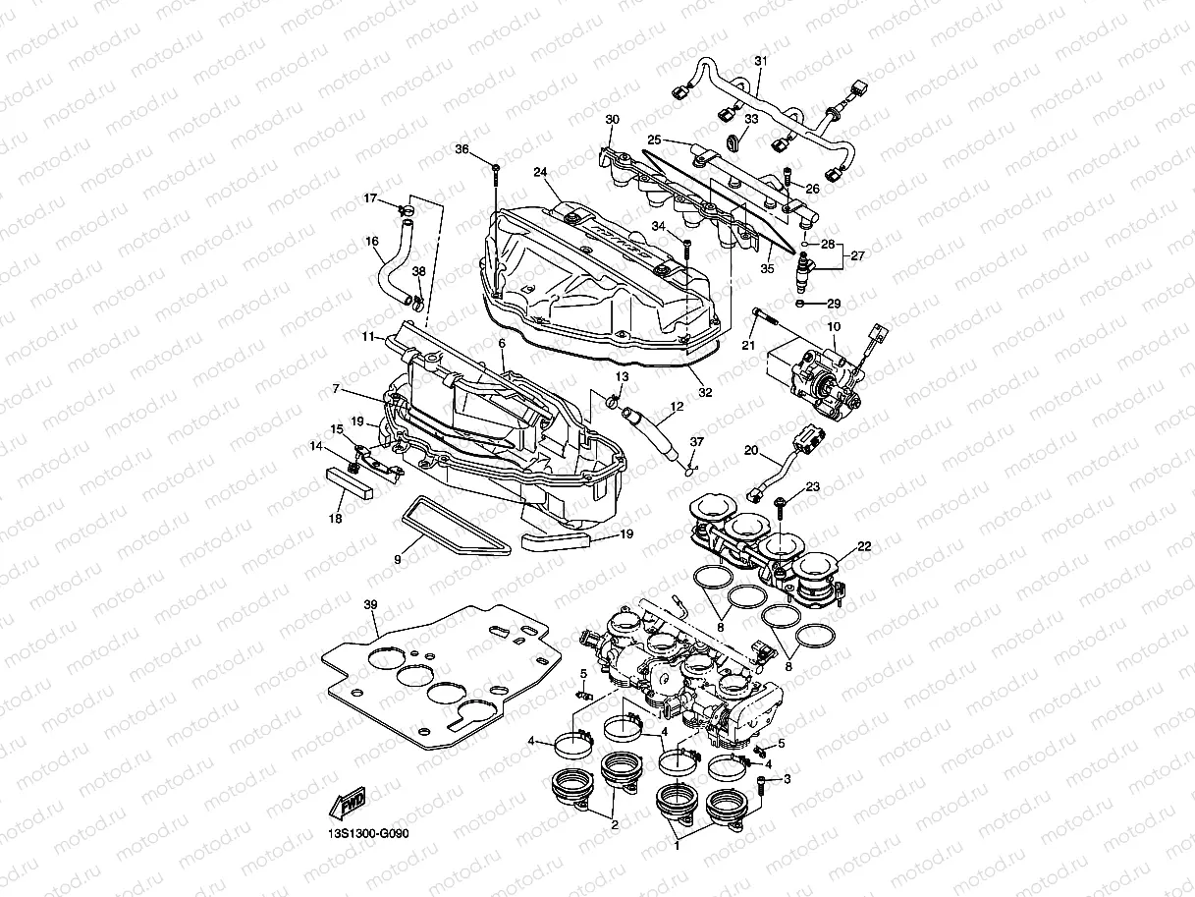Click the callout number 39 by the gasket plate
(x=370, y=603)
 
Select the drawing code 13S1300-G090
(x=368, y=834)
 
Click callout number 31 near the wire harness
(x=760, y=61)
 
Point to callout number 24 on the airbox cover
(x=540, y=172)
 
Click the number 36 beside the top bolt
(x=462, y=149)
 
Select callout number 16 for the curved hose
(x=372, y=241)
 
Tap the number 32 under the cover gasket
(x=704, y=391)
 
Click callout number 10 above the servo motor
(x=833, y=325)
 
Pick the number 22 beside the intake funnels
(x=863, y=546)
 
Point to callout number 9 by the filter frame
(x=398, y=559)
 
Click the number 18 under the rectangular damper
(x=336, y=518)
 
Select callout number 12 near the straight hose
(x=677, y=406)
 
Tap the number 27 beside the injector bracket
(x=857, y=254)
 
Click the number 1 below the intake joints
(x=676, y=842)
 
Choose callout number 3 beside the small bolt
(x=787, y=779)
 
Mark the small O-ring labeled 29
(x=802, y=304)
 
